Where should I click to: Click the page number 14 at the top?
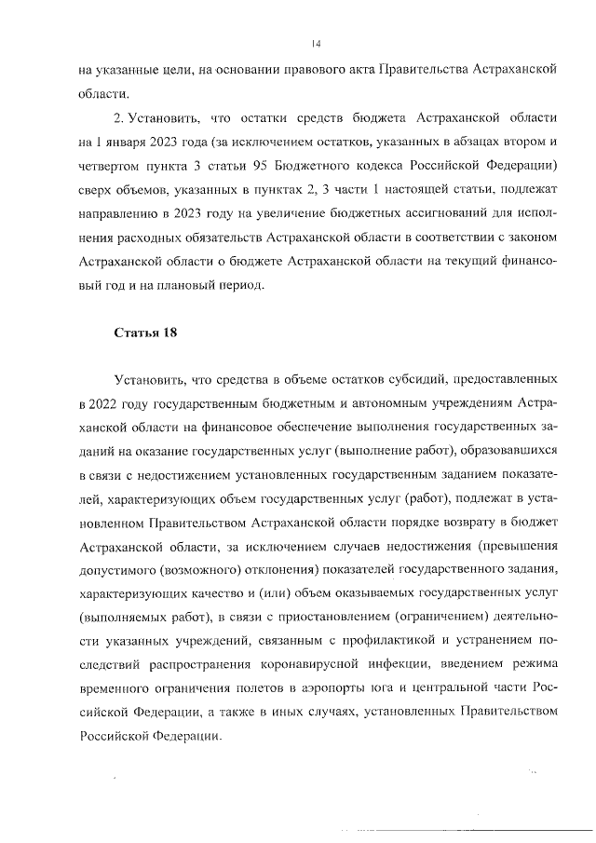click(316, 42)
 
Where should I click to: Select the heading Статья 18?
click(144, 333)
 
